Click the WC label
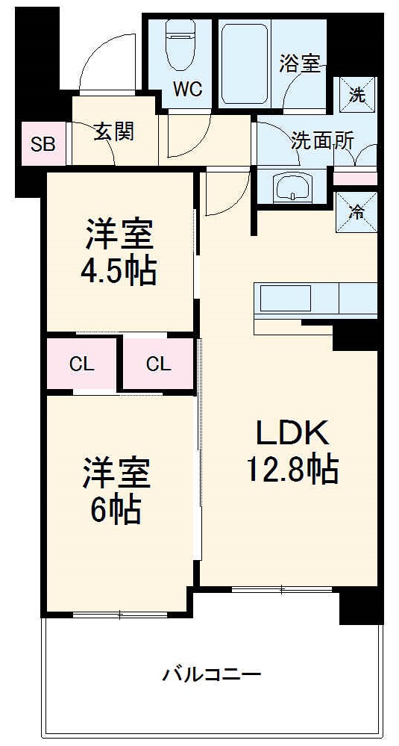(x=187, y=90)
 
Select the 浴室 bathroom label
(x=300, y=63)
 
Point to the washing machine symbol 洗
(x=357, y=94)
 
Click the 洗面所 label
(x=322, y=140)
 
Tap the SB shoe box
(x=43, y=144)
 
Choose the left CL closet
(x=82, y=364)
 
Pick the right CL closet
(x=158, y=364)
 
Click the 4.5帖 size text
(x=119, y=272)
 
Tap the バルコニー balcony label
(x=213, y=675)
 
